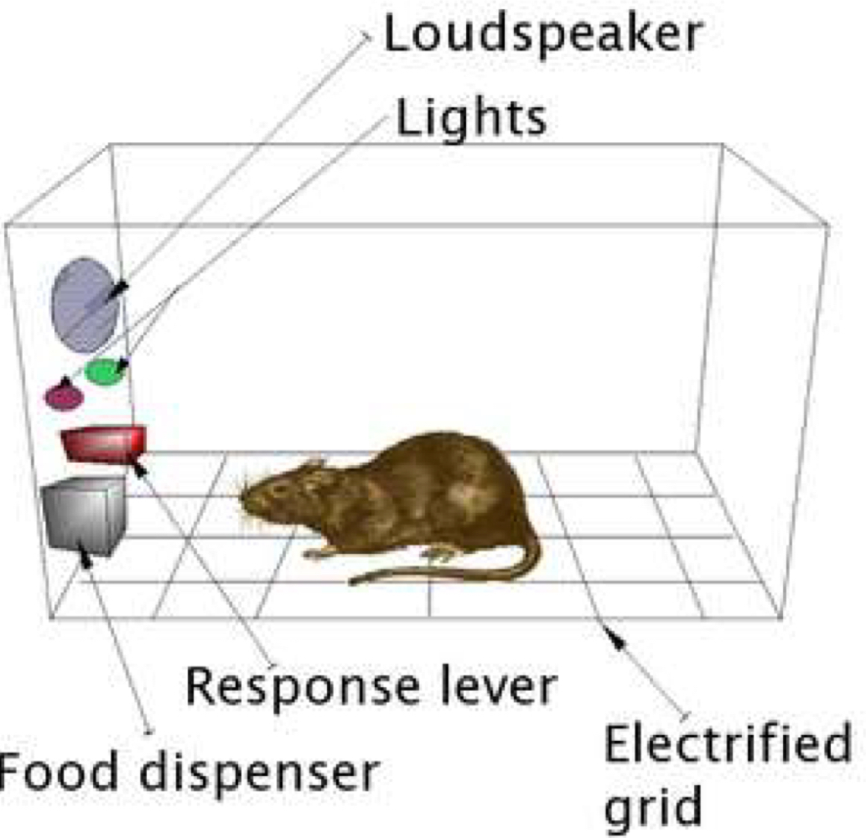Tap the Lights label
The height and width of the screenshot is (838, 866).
(470, 119)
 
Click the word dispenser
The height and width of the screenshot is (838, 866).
(255, 775)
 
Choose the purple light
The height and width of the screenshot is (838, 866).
(64, 396)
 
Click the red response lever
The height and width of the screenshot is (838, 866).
(103, 442)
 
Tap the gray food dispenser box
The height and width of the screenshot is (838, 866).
(85, 515)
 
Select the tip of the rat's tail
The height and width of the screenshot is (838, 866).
(352, 580)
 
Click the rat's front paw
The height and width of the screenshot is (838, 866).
(317, 552)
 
